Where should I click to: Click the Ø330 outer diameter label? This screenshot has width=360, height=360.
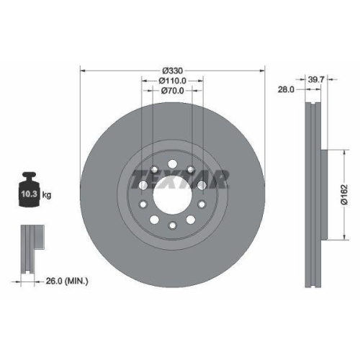(x=173, y=71)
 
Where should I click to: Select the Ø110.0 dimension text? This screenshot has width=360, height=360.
(x=173, y=81)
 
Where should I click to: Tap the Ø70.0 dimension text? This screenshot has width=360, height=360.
(x=173, y=91)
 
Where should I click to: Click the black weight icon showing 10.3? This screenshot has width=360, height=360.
(x=30, y=190)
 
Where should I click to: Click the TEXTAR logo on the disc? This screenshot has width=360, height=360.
(x=183, y=177)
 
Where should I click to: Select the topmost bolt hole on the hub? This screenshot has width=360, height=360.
(x=172, y=161)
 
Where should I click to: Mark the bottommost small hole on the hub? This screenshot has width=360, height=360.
(x=172, y=228)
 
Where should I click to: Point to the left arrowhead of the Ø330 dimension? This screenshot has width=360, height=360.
(x=81, y=71)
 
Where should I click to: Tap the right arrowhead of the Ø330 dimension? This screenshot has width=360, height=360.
(x=264, y=71)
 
